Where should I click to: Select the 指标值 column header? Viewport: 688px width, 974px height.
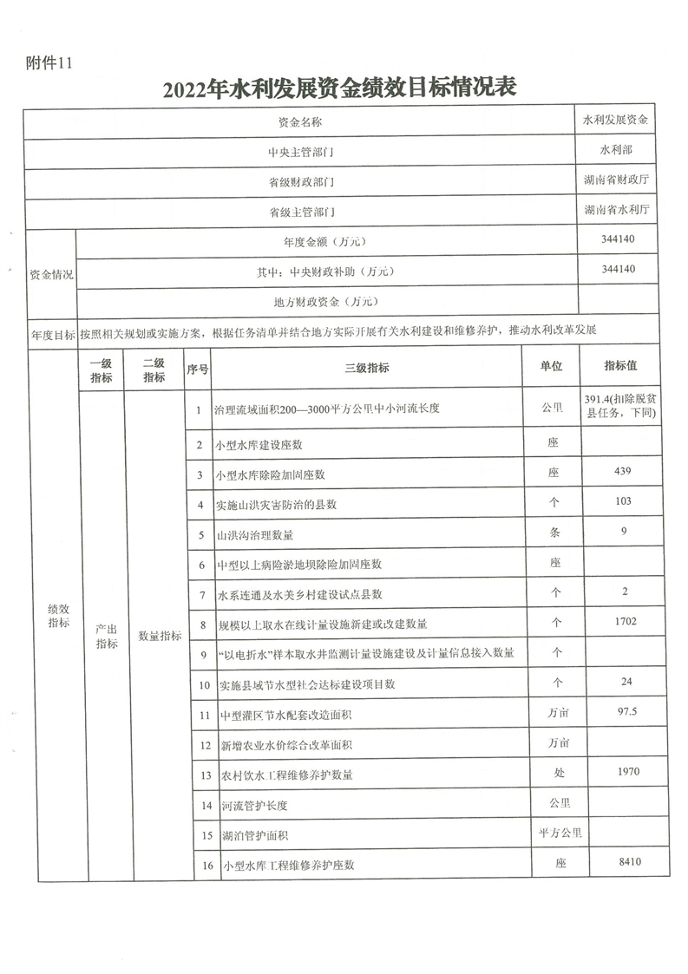pos(621,366)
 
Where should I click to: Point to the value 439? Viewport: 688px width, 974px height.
pos(620,472)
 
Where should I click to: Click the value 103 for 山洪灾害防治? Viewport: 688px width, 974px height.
pos(620,502)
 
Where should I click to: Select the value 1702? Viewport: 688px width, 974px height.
pos(620,621)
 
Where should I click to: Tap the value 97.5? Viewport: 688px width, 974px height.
pos(620,711)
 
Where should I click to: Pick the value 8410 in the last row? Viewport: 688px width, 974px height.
pos(620,863)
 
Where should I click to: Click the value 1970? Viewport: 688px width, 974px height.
pos(620,771)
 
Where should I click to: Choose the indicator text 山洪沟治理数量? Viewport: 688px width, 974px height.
pos(258,533)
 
